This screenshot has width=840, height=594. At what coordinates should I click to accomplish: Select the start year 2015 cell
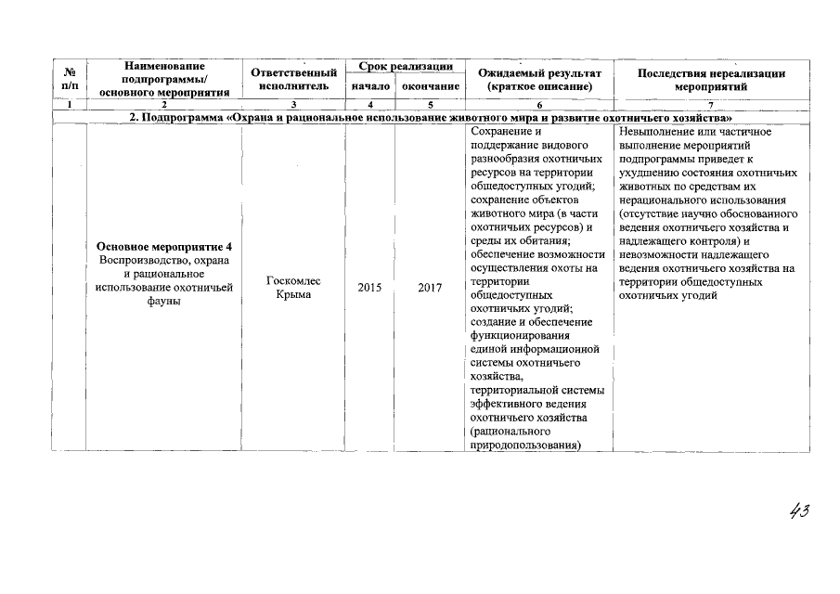point(369,288)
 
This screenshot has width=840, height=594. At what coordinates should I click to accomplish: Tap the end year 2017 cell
point(429,288)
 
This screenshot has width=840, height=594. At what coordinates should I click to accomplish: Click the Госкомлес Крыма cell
point(287,288)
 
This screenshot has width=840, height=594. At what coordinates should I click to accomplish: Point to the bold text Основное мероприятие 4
point(163,246)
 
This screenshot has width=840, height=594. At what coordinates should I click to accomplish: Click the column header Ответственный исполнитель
point(293,79)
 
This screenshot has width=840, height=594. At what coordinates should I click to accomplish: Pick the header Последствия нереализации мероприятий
point(711,79)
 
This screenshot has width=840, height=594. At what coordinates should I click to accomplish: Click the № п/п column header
point(70,79)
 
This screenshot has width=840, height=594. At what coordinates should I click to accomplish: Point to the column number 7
point(711,105)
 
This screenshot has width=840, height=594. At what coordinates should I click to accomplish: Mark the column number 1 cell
point(70,105)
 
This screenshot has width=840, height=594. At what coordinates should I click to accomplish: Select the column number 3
point(293,105)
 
